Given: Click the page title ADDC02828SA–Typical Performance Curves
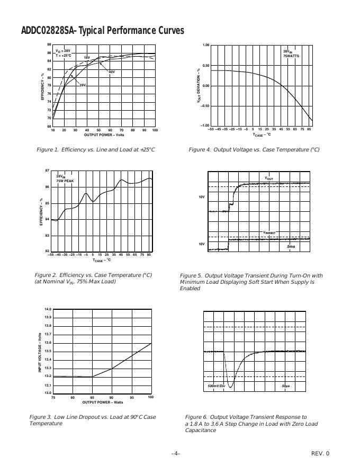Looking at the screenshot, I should [102, 30].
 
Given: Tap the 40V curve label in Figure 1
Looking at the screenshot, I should [112, 71].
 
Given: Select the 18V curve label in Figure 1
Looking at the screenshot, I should [87, 57].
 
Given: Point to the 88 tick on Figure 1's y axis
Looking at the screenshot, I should [49, 44].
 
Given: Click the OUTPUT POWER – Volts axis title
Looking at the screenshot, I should [104, 135].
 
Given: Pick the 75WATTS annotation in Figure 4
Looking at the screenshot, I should [291, 55].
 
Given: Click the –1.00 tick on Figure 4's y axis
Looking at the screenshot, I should [205, 126].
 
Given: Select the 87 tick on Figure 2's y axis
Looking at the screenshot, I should [47, 171].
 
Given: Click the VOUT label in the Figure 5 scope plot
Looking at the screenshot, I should [269, 178].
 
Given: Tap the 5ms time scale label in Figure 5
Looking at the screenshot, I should [291, 247].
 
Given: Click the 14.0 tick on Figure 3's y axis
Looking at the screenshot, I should [48, 309].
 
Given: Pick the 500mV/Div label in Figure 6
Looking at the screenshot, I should [217, 386].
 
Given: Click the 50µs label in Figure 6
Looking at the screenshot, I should [286, 386].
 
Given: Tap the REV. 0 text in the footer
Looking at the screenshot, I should [320, 453].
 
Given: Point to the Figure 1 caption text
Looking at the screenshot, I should [96, 150].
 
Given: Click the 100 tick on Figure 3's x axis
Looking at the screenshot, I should [150, 397].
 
